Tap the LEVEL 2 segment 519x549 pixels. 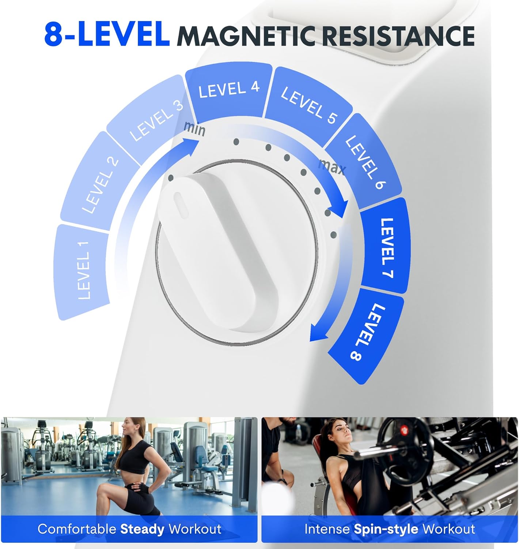[x=99, y=183]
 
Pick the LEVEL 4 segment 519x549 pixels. [x=228, y=90]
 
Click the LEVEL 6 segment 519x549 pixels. [x=364, y=161]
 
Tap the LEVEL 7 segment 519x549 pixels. [x=386, y=247]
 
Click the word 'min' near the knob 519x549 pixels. [x=194, y=128]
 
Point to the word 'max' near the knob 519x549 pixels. [x=332, y=167]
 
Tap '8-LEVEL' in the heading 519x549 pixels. [x=107, y=35]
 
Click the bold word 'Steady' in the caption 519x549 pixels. [x=142, y=529]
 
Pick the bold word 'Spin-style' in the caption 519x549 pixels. [x=386, y=529]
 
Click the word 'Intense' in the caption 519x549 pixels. [x=327, y=529]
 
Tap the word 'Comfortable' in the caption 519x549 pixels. [x=77, y=529]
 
